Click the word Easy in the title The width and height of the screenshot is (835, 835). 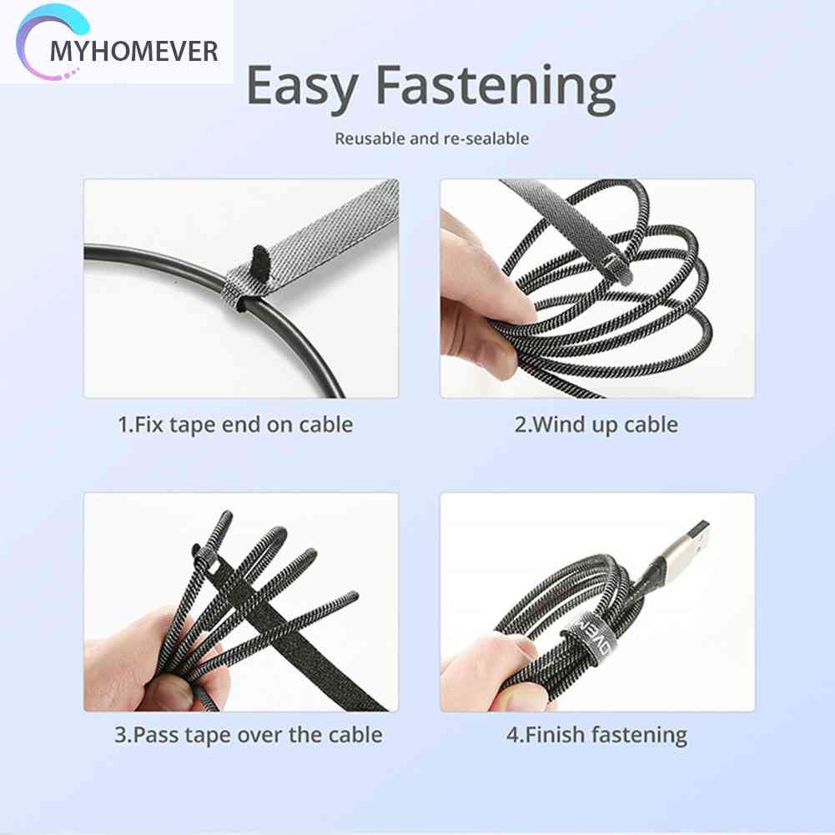(x=302, y=86)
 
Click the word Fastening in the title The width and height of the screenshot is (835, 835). (x=495, y=86)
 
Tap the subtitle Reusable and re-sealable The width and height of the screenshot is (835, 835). (x=431, y=138)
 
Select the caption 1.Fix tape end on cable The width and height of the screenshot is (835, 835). (x=235, y=425)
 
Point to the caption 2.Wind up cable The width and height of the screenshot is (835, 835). (x=596, y=425)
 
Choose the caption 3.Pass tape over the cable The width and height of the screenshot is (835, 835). (x=248, y=735)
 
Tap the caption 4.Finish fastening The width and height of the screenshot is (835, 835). (x=596, y=735)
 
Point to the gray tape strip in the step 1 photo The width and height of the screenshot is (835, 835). (x=334, y=225)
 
